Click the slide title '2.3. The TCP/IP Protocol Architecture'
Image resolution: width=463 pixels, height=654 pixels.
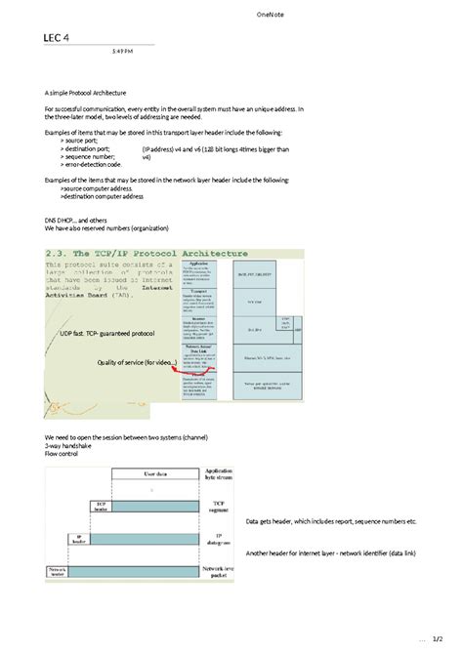(x=146, y=253)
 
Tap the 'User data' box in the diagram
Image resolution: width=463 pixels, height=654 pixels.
(x=155, y=476)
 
